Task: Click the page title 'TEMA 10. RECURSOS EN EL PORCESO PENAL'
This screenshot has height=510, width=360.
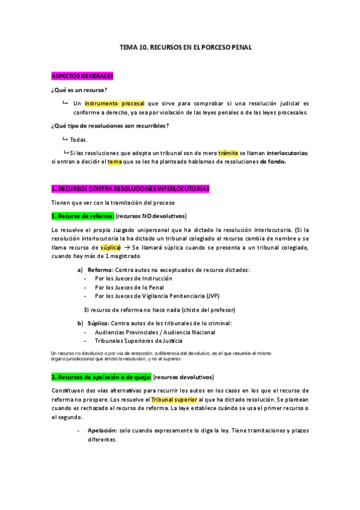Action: (x=186, y=46)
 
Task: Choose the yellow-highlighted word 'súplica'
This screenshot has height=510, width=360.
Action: (x=110, y=247)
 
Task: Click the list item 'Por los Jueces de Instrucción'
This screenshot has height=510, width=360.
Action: (x=133, y=278)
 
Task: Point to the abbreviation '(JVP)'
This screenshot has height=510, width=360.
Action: (x=213, y=296)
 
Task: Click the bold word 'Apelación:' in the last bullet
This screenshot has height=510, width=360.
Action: (x=102, y=431)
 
